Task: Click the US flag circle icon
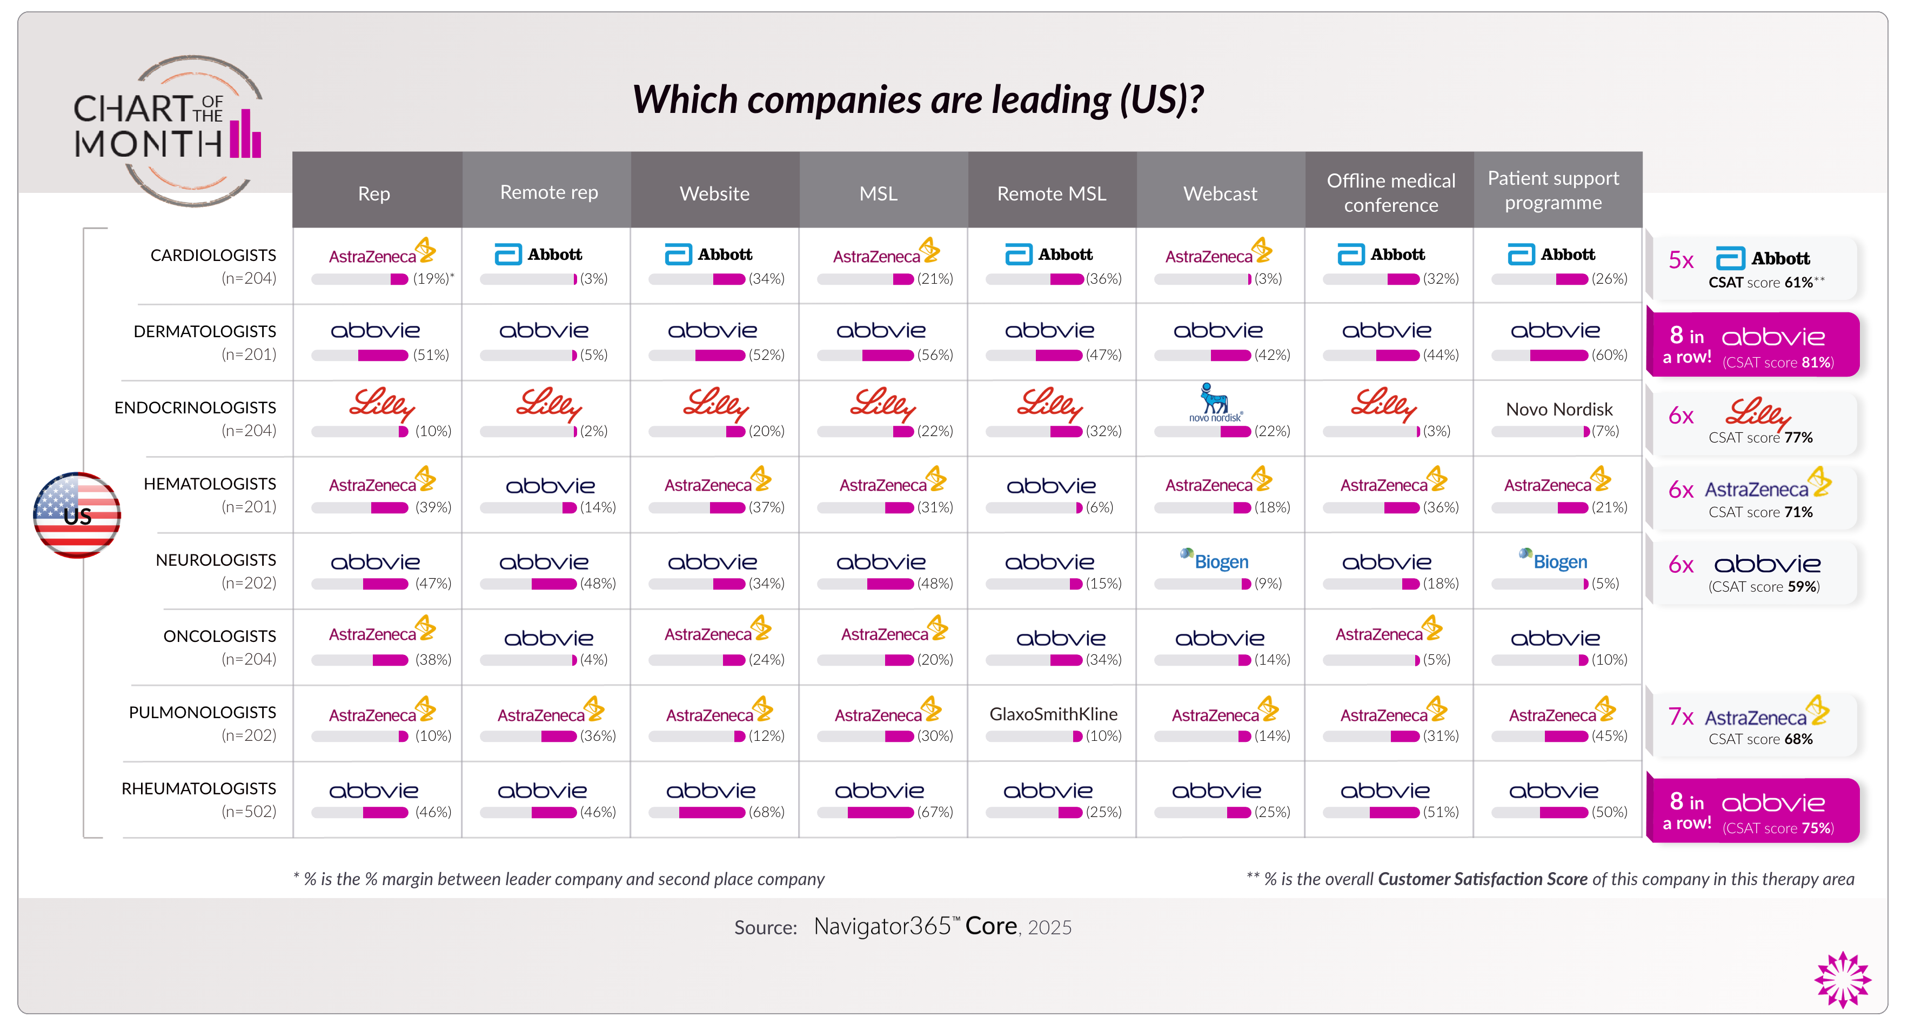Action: click(x=77, y=515)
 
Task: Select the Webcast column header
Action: click(x=1220, y=193)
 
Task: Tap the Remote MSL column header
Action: click(x=1051, y=193)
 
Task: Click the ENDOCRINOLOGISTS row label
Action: click(x=195, y=407)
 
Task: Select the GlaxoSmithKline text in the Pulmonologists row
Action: click(x=1053, y=714)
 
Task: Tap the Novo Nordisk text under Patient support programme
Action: click(x=1559, y=409)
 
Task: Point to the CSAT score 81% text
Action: click(x=1778, y=362)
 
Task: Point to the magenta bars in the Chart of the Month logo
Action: click(x=245, y=135)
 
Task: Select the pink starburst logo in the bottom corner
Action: click(x=1842, y=979)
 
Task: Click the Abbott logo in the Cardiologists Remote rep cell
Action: click(x=539, y=255)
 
